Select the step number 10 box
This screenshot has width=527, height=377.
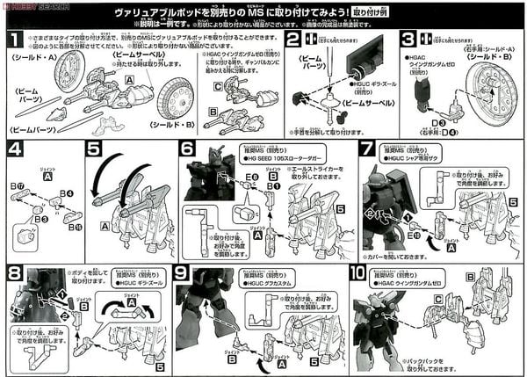[x=361, y=273]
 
